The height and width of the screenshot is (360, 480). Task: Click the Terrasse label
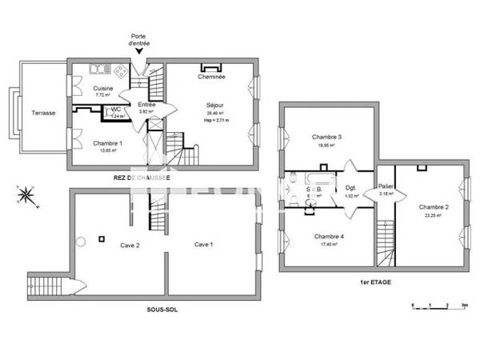pyautogui.click(x=43, y=113)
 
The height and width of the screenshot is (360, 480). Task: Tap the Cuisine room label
pyautogui.click(x=102, y=88)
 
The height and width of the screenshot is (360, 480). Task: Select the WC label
pyautogui.click(x=116, y=109)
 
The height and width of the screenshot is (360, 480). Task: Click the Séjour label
pyautogui.click(x=214, y=105)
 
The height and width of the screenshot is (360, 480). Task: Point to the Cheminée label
pyautogui.click(x=211, y=77)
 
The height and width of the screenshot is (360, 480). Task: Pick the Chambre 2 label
pyautogui.click(x=432, y=206)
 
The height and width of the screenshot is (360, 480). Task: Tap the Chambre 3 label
pyautogui.click(x=326, y=138)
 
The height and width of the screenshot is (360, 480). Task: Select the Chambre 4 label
pyautogui.click(x=329, y=237)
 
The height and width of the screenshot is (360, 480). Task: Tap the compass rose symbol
pyautogui.click(x=25, y=194)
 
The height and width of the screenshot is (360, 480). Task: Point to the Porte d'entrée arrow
pyautogui.click(x=141, y=52)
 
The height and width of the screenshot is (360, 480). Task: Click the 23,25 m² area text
pyautogui.click(x=432, y=215)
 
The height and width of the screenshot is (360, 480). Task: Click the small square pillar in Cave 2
pyautogui.click(x=102, y=238)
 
